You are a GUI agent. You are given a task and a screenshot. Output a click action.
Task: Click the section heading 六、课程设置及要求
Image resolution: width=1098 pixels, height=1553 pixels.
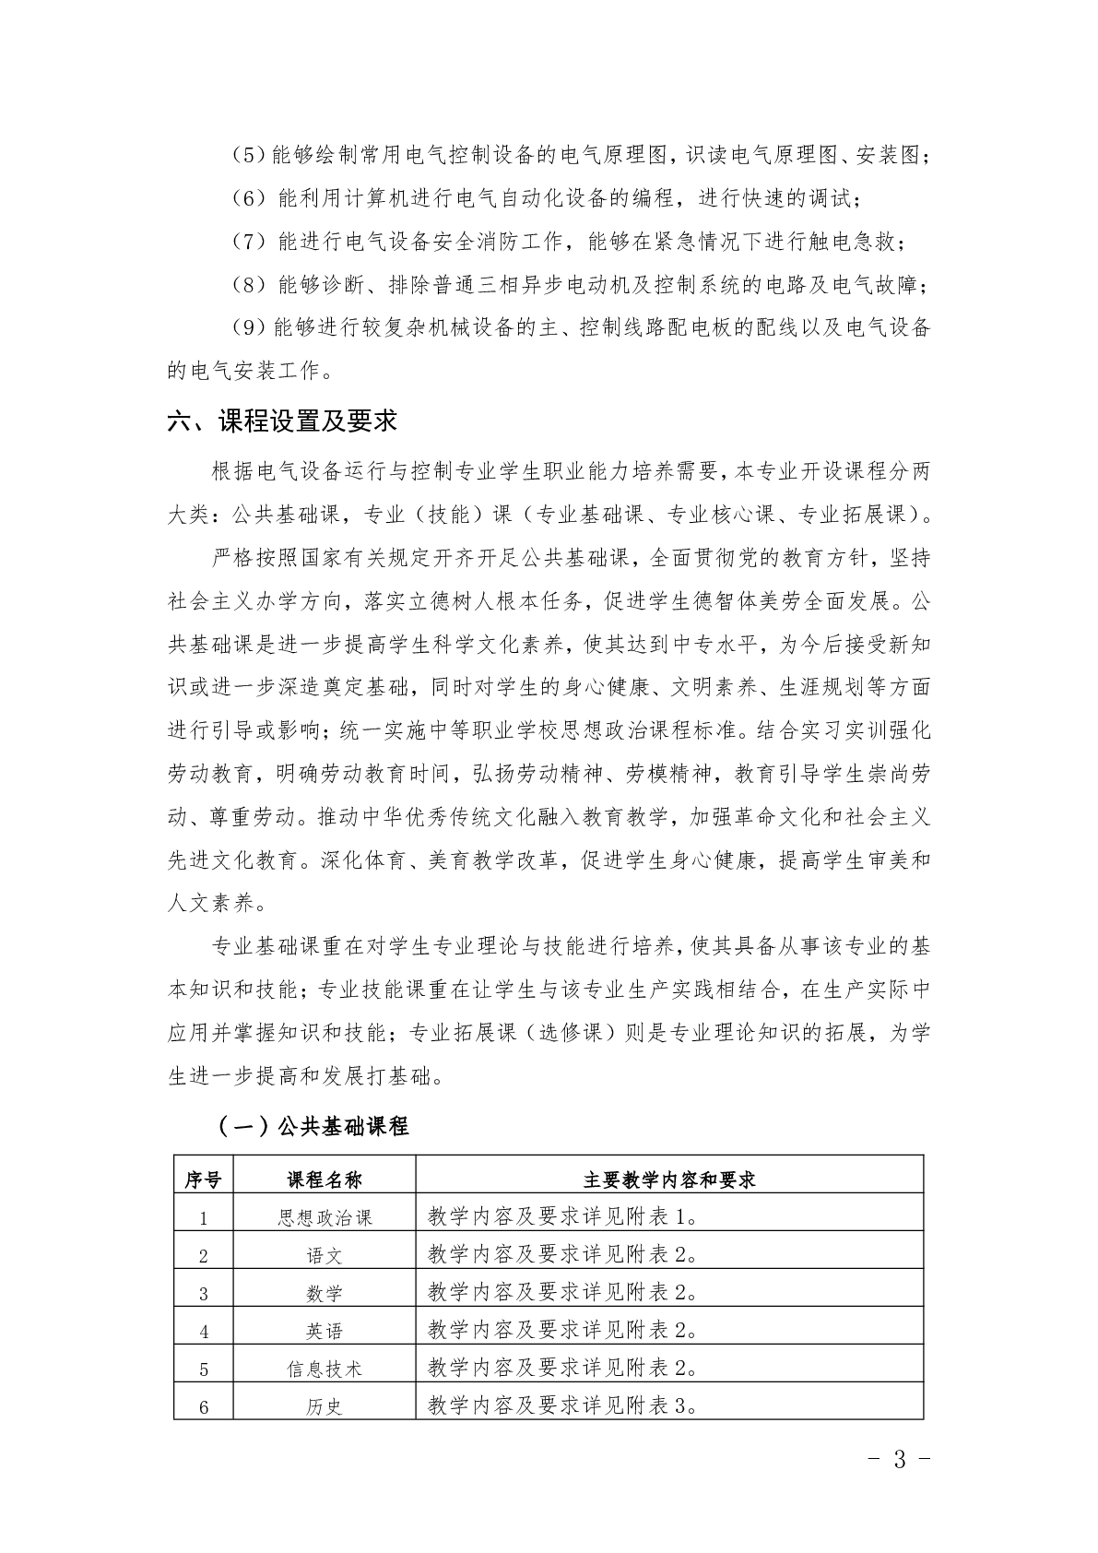click(x=282, y=421)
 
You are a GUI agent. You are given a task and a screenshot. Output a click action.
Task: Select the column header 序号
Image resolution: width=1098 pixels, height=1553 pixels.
click(x=203, y=1180)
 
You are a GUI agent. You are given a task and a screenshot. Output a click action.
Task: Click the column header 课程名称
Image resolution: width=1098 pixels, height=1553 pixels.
click(x=325, y=1180)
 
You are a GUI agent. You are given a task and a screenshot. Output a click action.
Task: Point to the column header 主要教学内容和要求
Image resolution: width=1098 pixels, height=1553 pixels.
click(x=669, y=1180)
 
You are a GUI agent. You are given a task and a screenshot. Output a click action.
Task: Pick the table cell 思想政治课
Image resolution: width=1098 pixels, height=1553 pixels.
click(x=325, y=1217)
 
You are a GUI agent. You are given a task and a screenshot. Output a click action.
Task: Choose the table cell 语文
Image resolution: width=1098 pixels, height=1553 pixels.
click(x=325, y=1255)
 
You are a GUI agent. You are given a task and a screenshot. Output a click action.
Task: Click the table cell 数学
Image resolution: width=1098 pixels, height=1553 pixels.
click(x=325, y=1293)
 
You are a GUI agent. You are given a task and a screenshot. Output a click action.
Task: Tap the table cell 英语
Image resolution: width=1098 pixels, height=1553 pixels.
click(x=325, y=1331)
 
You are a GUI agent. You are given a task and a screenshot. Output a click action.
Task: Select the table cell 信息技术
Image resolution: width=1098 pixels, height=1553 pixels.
click(x=325, y=1369)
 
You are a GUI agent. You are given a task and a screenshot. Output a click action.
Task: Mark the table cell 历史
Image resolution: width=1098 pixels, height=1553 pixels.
click(x=325, y=1406)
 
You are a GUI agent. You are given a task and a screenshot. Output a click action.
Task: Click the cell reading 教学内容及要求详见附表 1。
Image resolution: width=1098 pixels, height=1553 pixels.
click(x=562, y=1216)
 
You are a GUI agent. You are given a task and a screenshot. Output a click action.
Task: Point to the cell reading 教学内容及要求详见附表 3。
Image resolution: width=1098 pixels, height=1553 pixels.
click(x=562, y=1405)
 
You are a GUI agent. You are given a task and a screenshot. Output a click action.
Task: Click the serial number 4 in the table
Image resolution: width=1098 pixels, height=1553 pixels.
click(x=204, y=1332)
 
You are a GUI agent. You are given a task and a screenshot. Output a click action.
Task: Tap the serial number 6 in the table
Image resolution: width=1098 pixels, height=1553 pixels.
click(x=204, y=1407)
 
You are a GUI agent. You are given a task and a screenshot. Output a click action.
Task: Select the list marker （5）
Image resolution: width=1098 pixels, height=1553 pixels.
click(x=248, y=156)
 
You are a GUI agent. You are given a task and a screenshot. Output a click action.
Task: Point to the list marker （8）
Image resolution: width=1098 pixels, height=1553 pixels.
click(x=248, y=286)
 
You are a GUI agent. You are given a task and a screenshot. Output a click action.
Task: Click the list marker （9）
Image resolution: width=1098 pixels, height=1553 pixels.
click(x=248, y=329)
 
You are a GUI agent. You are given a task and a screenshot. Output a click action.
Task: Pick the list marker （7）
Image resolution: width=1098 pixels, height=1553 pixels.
click(x=248, y=243)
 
